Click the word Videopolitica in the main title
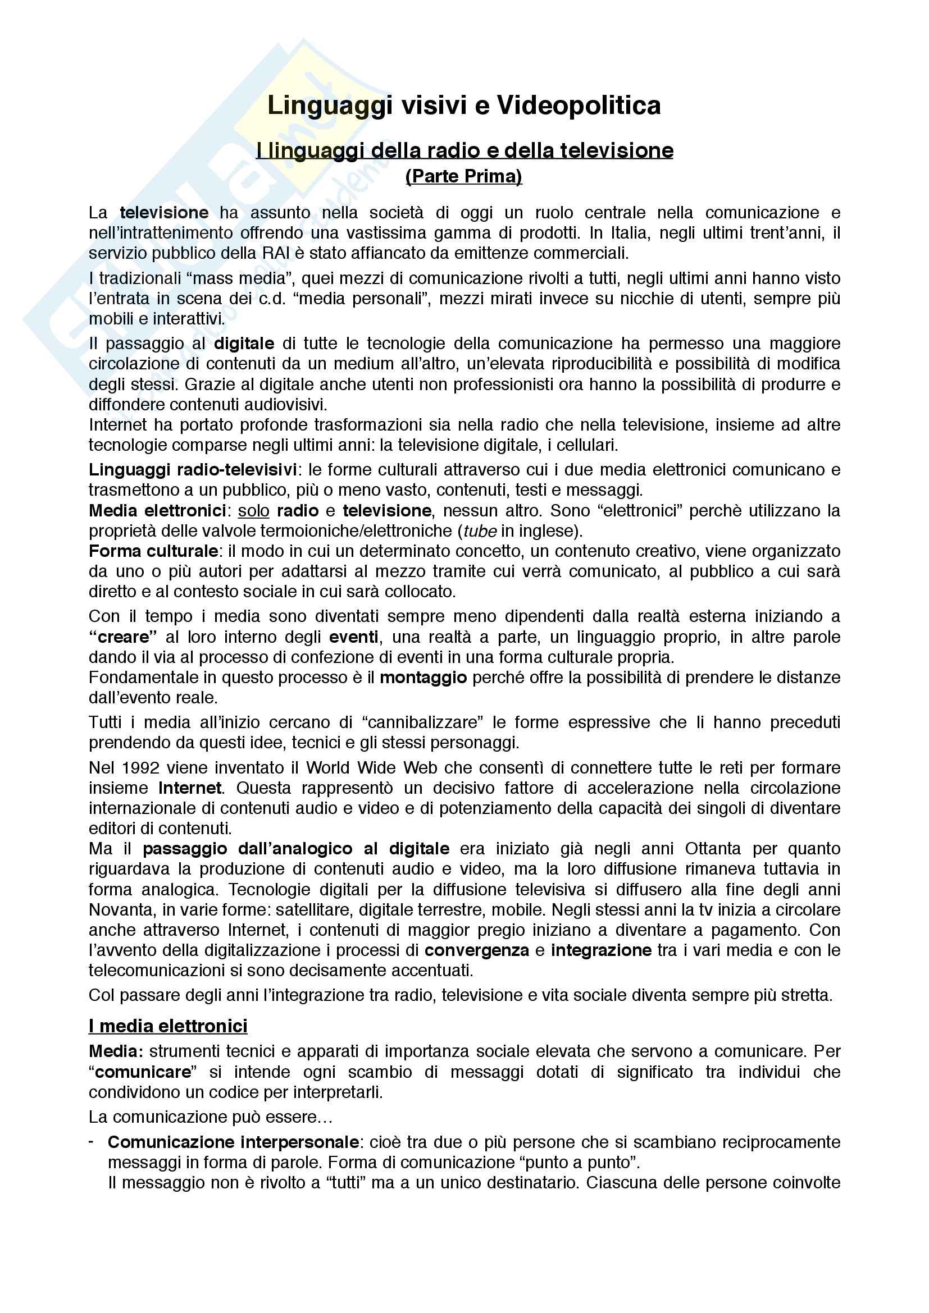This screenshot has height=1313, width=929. [579, 106]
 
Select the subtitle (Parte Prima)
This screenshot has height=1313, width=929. [464, 176]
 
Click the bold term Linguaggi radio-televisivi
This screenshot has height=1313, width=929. [192, 469]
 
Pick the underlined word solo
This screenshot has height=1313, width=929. [253, 510]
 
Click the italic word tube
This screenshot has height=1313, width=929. [479, 530]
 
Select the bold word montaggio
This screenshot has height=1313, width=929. [423, 678]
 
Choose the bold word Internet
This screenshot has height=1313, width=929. [190, 788]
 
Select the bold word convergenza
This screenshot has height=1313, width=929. [476, 950]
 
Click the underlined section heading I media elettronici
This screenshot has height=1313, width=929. [168, 1026]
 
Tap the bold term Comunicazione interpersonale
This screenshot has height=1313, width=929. [234, 1142]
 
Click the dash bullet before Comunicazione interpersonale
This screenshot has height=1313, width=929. [92, 1142]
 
